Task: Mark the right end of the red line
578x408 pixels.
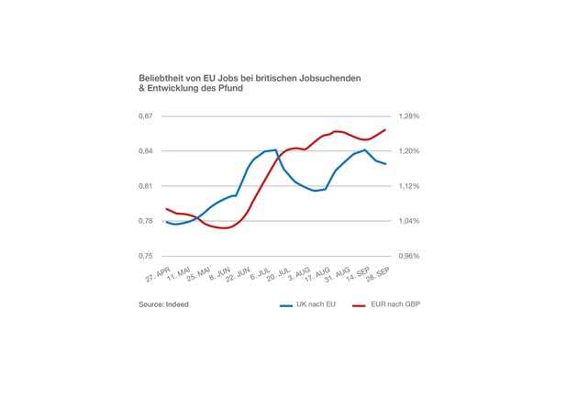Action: (385, 129)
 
